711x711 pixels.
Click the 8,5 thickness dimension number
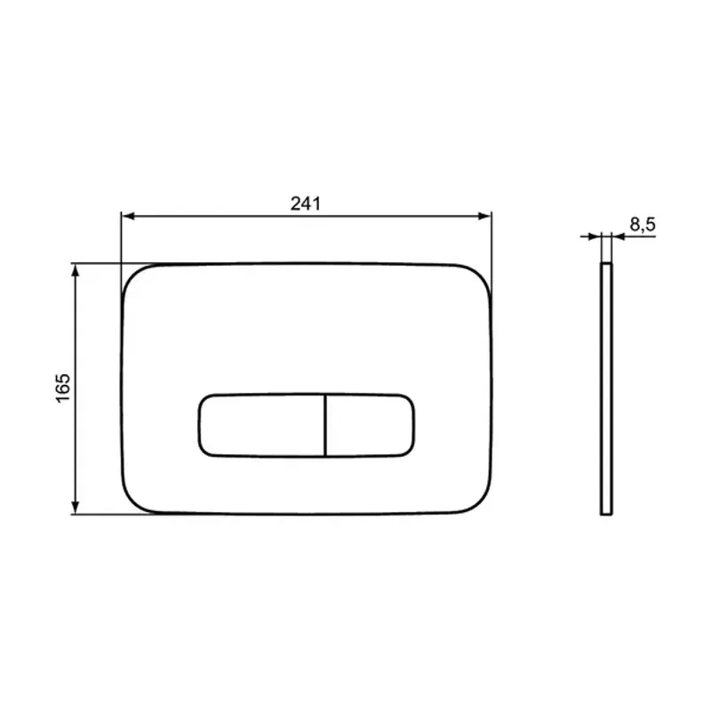(x=642, y=226)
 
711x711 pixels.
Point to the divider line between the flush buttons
(x=326, y=424)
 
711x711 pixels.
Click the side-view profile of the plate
(x=605, y=388)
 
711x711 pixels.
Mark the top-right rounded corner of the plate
(x=481, y=275)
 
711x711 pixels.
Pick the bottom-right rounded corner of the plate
(x=481, y=501)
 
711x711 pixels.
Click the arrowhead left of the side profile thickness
(x=595, y=236)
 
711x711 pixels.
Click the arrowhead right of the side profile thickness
(x=616, y=236)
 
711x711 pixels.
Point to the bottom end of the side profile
(x=605, y=514)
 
